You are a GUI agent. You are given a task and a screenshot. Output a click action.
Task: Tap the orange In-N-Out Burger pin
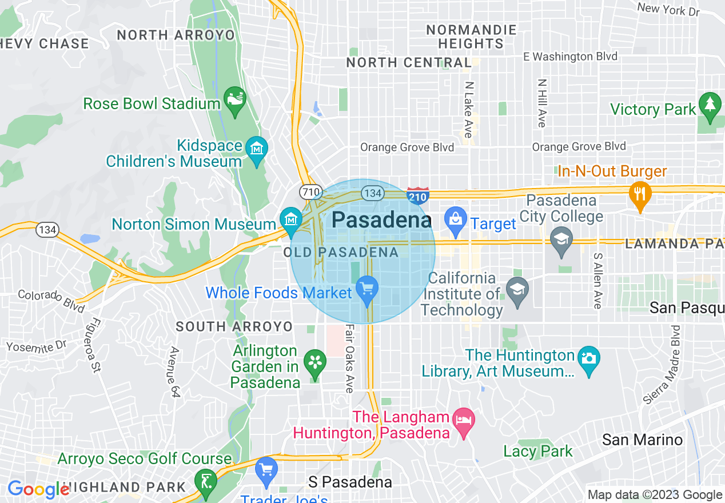(x=639, y=193)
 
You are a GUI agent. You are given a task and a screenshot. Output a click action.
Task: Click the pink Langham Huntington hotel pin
(x=463, y=421)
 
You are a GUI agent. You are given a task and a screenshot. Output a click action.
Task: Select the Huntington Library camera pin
(x=588, y=359)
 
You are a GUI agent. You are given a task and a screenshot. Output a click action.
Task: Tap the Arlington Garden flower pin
(x=314, y=362)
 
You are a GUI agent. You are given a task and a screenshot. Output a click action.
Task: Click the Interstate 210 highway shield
(x=417, y=196)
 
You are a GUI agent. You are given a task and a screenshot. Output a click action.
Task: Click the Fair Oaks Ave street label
(x=349, y=359)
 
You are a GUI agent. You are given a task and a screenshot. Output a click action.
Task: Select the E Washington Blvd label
(x=571, y=57)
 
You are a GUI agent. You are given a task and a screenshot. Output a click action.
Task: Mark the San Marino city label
(x=642, y=440)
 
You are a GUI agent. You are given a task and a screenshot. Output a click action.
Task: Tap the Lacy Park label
(x=537, y=451)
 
